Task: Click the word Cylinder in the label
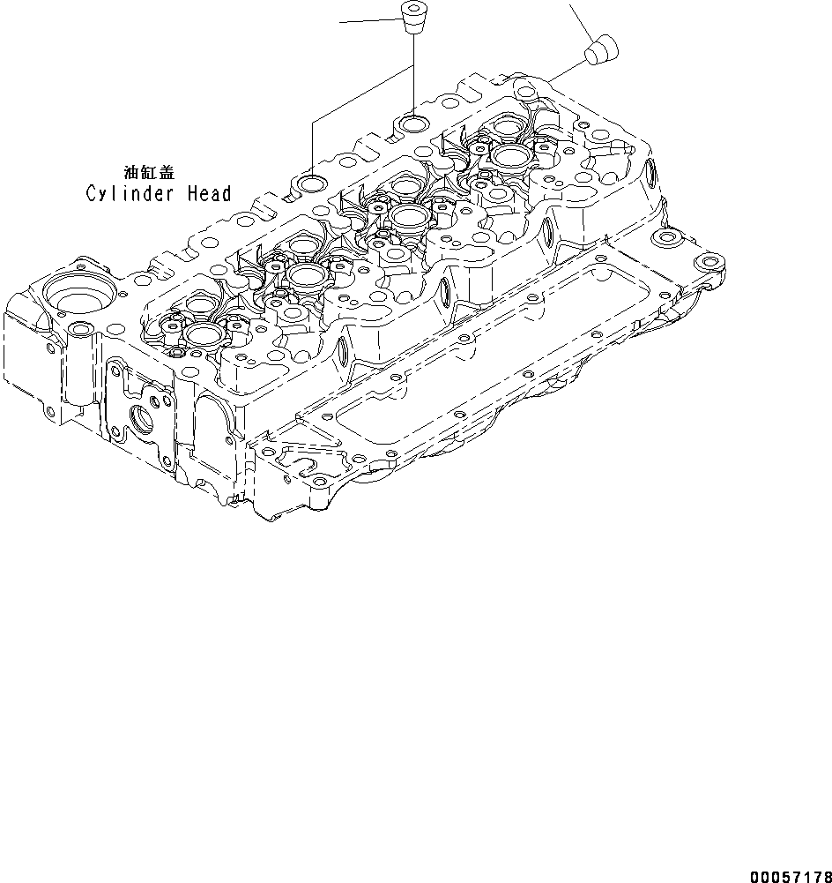(x=130, y=193)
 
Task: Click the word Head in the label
(x=208, y=193)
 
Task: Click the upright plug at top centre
(x=411, y=17)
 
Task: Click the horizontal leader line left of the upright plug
(x=370, y=20)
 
